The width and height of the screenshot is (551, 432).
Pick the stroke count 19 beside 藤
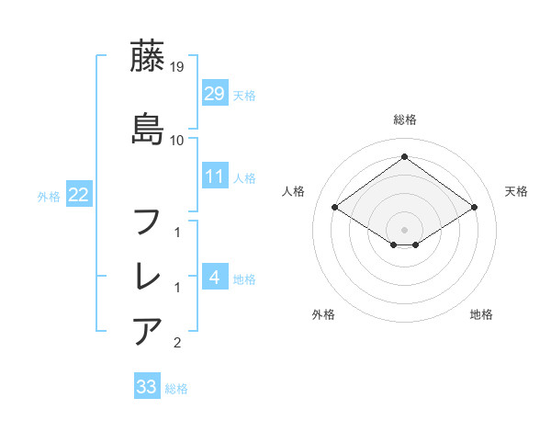pyautogui.click(x=177, y=67)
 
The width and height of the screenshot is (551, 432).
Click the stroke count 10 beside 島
pyautogui.click(x=177, y=141)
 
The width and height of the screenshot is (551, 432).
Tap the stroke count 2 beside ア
pyautogui.click(x=177, y=343)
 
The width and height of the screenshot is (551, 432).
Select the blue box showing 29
pyautogui.click(x=214, y=94)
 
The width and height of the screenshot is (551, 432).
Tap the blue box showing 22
pyautogui.click(x=78, y=194)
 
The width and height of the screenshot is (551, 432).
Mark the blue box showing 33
pyautogui.click(x=146, y=387)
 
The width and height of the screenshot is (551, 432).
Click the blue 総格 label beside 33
pyautogui.click(x=177, y=389)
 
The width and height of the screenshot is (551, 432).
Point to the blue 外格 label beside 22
pyautogui.click(x=49, y=196)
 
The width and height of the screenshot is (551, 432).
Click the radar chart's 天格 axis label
pyautogui.click(x=516, y=191)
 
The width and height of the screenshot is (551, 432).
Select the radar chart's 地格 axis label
pyautogui.click(x=481, y=314)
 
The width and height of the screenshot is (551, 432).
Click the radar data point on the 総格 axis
pyautogui.click(x=404, y=157)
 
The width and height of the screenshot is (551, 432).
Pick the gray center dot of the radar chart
pyautogui.click(x=404, y=229)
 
